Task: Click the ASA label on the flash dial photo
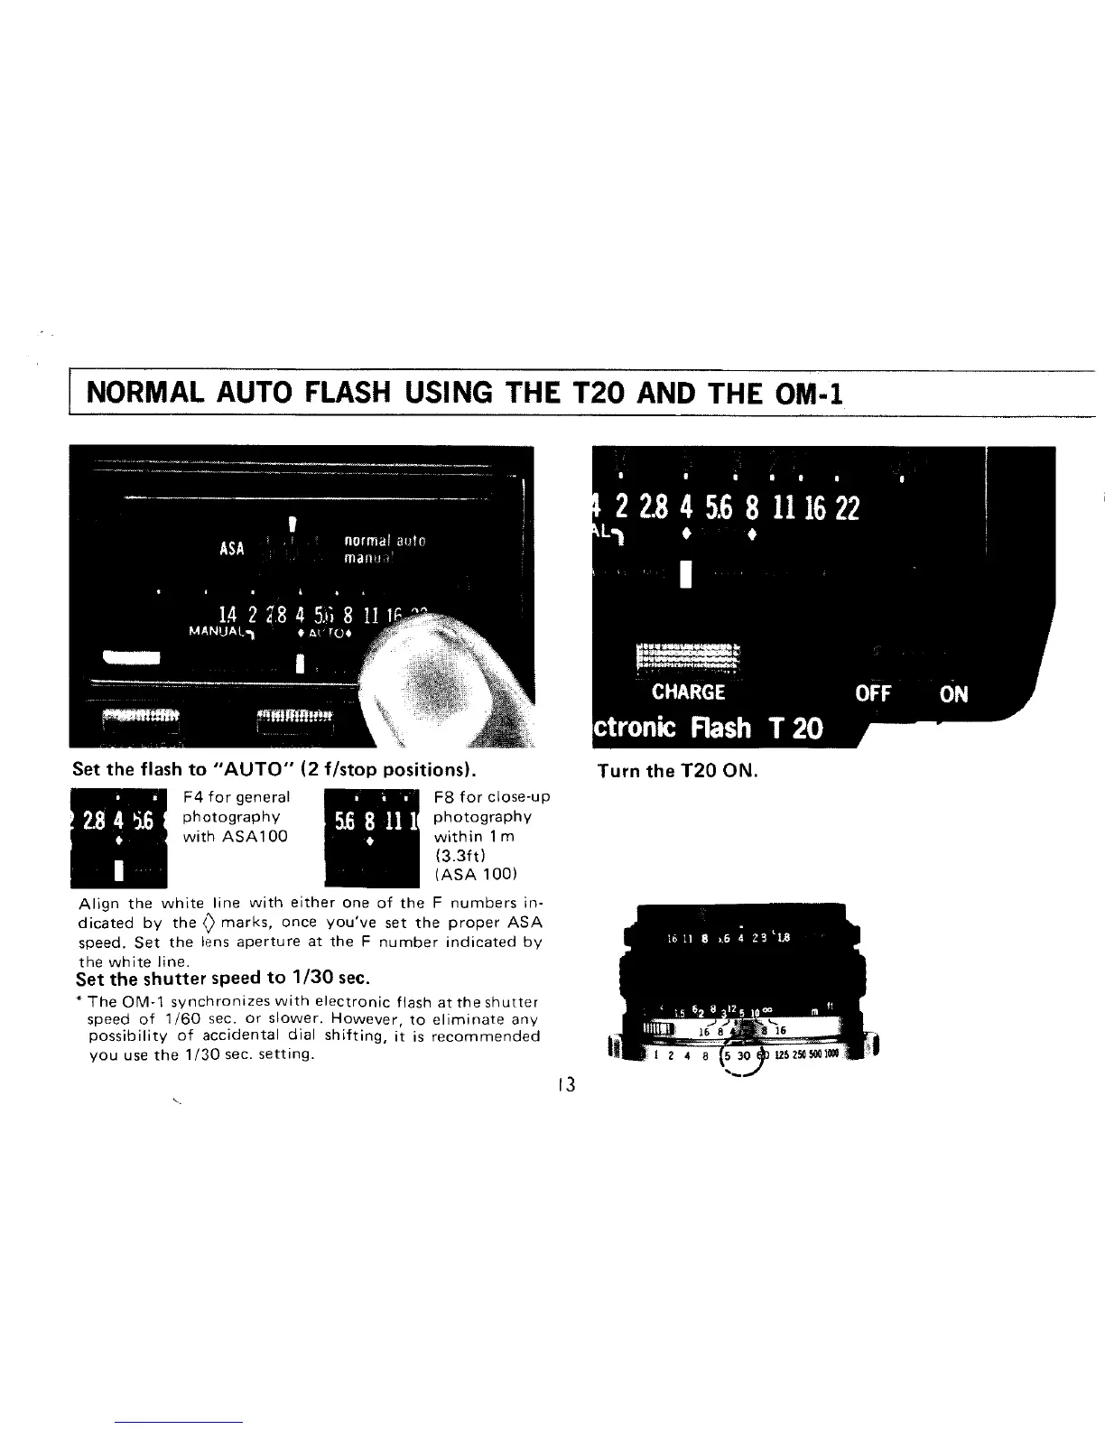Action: click(232, 548)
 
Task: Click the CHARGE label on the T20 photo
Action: click(688, 692)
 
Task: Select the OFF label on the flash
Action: click(873, 693)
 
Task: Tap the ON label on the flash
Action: click(953, 693)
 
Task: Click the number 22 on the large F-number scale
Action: click(847, 510)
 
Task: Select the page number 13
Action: click(566, 1084)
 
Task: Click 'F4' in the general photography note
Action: click(191, 797)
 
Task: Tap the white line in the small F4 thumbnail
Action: click(117, 871)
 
